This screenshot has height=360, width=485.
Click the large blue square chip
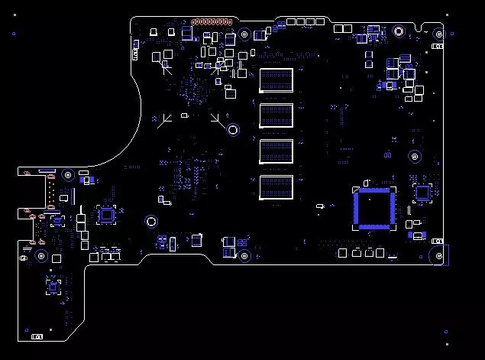pyautogui.click(x=373, y=208)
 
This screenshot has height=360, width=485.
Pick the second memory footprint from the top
pyautogui.click(x=276, y=115)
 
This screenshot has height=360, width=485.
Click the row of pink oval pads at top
pyautogui.click(x=212, y=22)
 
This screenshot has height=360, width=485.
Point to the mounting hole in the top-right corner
pyautogui.click(x=438, y=34)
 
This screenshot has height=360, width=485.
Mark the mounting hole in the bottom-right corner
pyautogui.click(x=438, y=255)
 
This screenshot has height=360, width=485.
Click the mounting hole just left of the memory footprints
pyautogui.click(x=232, y=128)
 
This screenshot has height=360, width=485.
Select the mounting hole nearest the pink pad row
pyautogui.click(x=243, y=34)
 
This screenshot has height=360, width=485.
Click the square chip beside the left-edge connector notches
pyautogui.click(x=106, y=215)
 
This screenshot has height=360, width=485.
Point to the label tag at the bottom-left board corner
pyautogui.click(x=36, y=336)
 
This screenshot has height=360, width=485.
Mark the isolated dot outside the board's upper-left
pyautogui.click(x=13, y=33)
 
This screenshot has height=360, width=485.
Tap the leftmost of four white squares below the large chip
pyautogui.click(x=342, y=252)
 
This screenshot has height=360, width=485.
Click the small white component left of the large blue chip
pyautogui.click(x=322, y=205)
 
